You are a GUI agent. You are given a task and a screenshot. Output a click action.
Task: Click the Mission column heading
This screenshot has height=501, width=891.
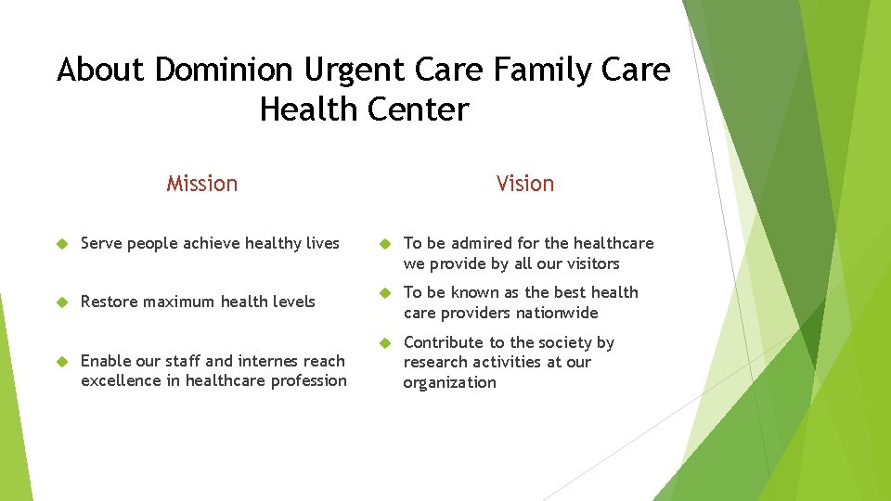click(x=201, y=184)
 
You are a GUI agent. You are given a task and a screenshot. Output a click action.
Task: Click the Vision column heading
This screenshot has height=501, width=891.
click(x=524, y=184)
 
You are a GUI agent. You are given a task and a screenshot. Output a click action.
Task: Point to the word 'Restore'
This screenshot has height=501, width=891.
click(x=109, y=302)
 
